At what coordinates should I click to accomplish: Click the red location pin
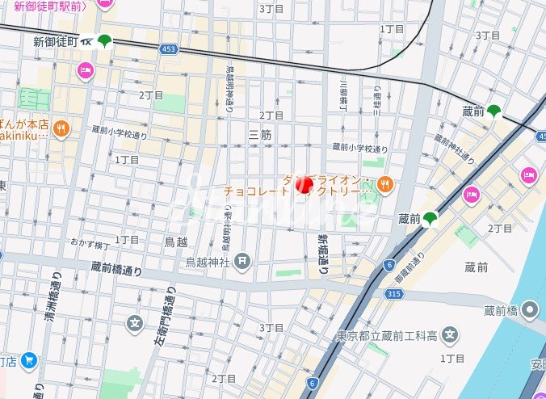tap(304, 185)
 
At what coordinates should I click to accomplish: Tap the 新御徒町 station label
tap(55, 41)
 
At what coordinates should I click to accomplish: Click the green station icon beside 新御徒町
tap(104, 41)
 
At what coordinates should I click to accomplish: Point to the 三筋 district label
tap(259, 134)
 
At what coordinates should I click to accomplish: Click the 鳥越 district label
tap(175, 241)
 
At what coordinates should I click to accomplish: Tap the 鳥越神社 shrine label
tap(208, 262)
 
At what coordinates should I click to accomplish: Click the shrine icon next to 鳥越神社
tap(243, 262)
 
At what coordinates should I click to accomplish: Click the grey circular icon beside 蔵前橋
tap(531, 308)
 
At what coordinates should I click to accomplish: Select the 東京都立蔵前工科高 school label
tap(387, 335)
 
